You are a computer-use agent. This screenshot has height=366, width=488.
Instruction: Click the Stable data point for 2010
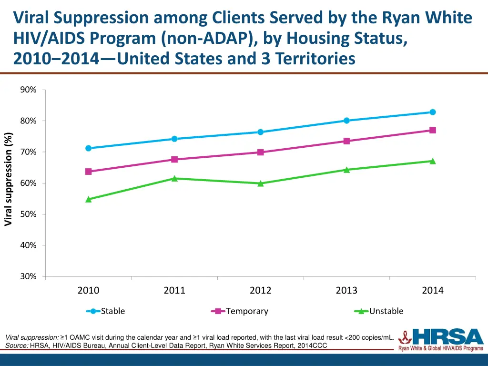pyautogui.click(x=88, y=148)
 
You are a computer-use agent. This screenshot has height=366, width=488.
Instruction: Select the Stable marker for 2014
pyautogui.click(x=433, y=112)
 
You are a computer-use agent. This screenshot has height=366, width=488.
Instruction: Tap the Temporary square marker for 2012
pyautogui.click(x=261, y=152)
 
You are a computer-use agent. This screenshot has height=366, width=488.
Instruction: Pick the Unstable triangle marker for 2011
pyautogui.click(x=174, y=178)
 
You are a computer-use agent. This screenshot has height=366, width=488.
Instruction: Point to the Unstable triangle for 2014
pyautogui.click(x=433, y=161)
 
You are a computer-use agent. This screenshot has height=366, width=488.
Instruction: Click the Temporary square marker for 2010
pyautogui.click(x=88, y=172)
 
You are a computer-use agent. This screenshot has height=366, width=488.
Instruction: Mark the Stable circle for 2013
pyautogui.click(x=346, y=121)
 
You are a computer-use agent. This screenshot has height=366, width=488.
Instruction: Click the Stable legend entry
pyautogui.click(x=105, y=311)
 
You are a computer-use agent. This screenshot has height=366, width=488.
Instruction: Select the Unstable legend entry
pyautogui.click(x=379, y=311)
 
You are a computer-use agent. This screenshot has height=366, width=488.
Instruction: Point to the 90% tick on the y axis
pyautogui.click(x=28, y=90)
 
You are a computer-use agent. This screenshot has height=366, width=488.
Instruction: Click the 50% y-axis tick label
pyautogui.click(x=28, y=214)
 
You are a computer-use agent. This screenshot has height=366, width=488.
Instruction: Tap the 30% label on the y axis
pyautogui.click(x=28, y=276)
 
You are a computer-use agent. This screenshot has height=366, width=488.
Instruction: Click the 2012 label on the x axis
pyautogui.click(x=261, y=290)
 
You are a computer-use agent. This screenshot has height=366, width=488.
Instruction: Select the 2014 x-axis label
pyautogui.click(x=433, y=290)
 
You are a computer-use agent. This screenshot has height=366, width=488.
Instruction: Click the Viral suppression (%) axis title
pyautogui.click(x=8, y=179)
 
